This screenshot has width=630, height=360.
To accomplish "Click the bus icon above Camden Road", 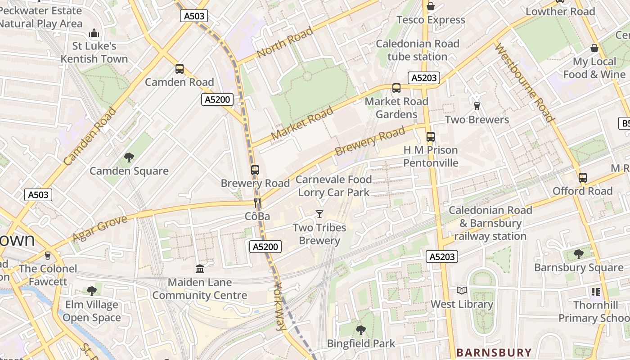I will point(180,69).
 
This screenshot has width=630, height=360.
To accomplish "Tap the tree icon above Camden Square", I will point(129,157).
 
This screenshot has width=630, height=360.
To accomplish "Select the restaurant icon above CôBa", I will point(257,203).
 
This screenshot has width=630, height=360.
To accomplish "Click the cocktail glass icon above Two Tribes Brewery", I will point(319,214).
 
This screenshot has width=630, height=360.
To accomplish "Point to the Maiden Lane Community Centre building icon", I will point(200,269).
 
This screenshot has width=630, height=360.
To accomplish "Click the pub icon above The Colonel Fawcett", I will point(48,255).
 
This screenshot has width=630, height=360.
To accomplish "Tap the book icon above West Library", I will point(462,290).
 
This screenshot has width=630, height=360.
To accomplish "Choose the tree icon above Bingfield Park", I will point(360,330).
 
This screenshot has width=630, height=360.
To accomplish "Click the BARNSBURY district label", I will point(494,352).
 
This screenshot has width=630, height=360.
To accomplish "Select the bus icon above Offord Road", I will point(583,177).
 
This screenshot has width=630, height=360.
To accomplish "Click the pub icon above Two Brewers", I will point(477,106).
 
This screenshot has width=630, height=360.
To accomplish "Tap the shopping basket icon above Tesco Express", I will point(431,6).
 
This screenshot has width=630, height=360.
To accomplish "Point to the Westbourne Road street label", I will point(524,83).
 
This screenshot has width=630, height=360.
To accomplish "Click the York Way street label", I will point(279,306).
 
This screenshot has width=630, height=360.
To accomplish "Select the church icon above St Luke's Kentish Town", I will point(94,32).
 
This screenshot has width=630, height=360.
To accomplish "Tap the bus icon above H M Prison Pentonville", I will point(431,136).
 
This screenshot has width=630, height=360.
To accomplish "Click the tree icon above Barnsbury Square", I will point(578,254).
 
